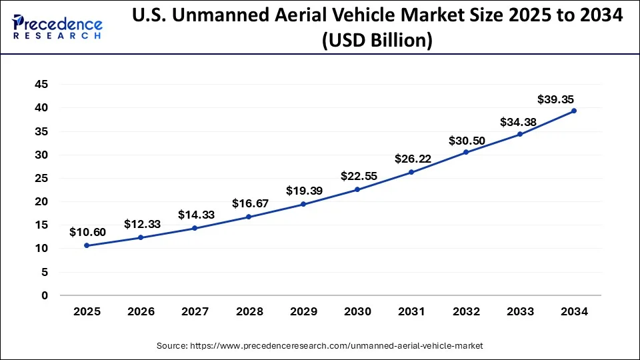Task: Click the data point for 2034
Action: (x=574, y=111)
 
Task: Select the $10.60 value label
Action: (x=87, y=232)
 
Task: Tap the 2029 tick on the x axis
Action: (x=303, y=311)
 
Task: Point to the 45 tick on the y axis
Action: (x=42, y=84)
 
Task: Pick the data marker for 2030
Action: (x=357, y=189)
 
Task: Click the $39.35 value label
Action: (x=556, y=99)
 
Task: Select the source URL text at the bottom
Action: (x=320, y=346)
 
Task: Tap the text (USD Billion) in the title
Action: (x=377, y=41)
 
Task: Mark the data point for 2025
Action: (x=87, y=245)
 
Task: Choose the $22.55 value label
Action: (x=357, y=176)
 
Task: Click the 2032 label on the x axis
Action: (x=466, y=311)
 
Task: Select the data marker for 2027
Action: (x=195, y=228)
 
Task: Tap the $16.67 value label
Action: (x=249, y=203)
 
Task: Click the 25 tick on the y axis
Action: (x=42, y=178)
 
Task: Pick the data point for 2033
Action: (x=520, y=134)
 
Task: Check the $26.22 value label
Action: (x=411, y=159)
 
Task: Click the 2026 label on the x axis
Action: (x=141, y=311)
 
